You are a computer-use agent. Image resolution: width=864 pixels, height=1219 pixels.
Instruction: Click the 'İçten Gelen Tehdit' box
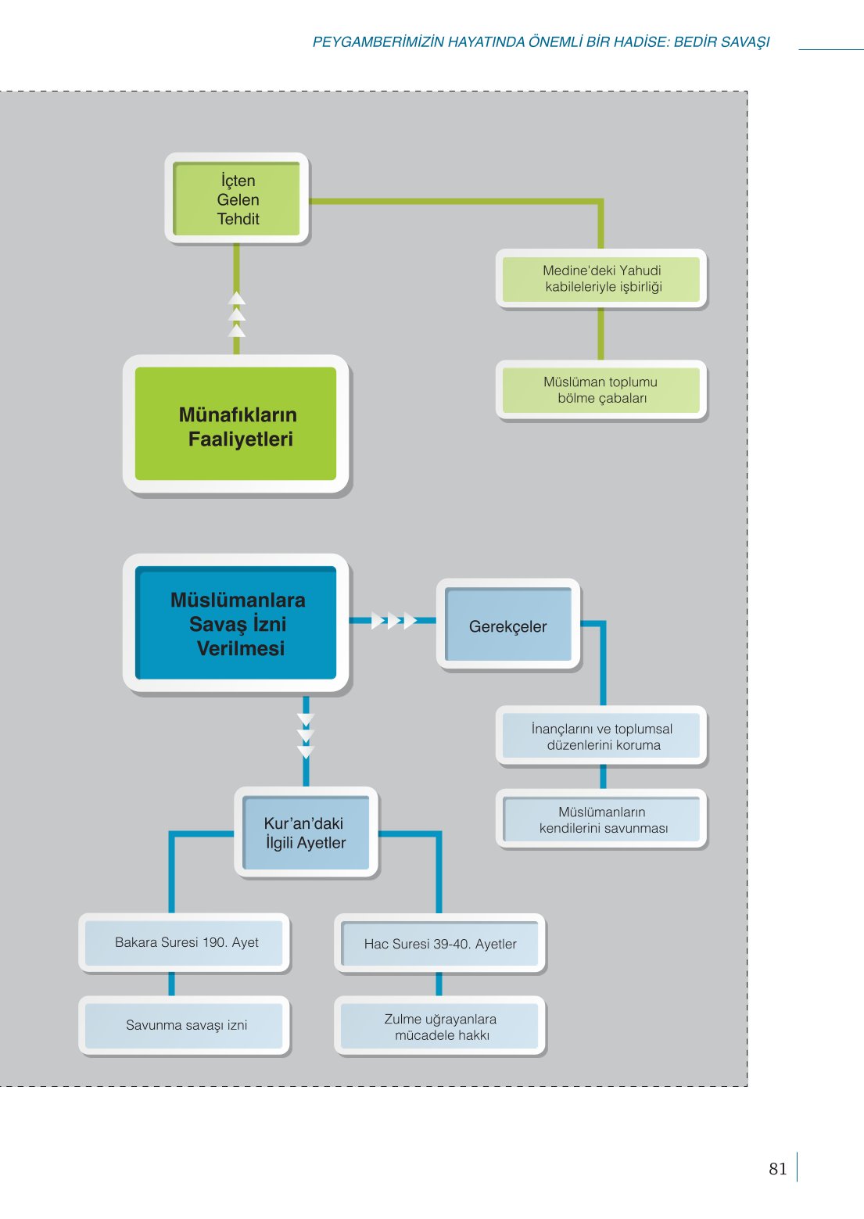tap(237, 198)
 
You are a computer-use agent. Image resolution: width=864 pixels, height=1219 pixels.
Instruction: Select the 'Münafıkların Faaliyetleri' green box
tap(235, 424)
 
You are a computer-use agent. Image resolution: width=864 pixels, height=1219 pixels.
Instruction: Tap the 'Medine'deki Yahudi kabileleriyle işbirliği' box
tap(601, 278)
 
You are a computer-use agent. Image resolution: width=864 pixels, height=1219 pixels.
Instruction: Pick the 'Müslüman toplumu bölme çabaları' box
tap(601, 389)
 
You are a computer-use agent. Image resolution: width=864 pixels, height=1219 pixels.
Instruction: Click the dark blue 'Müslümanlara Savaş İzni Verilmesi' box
tap(235, 623)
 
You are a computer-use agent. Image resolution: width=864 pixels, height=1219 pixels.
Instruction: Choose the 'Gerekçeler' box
tap(508, 624)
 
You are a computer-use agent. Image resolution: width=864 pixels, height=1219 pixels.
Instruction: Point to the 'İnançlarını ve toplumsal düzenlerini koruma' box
tap(601, 736)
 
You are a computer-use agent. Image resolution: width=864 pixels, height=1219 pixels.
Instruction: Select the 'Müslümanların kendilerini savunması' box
tap(601, 819)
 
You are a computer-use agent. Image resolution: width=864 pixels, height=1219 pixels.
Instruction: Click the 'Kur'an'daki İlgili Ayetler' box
tap(306, 832)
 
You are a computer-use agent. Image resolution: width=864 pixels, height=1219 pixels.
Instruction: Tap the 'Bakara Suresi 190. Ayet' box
tap(185, 943)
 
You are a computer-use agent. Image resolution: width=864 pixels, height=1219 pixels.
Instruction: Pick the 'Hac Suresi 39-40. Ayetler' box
tap(439, 944)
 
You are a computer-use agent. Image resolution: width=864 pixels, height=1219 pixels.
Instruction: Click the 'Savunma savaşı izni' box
tap(185, 1026)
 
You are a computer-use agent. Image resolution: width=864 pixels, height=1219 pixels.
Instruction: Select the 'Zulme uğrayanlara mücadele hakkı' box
tap(439, 1027)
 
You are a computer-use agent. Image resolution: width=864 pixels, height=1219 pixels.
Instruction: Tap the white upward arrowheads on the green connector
tap(237, 314)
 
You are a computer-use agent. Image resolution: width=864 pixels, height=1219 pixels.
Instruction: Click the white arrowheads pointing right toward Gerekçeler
tap(394, 620)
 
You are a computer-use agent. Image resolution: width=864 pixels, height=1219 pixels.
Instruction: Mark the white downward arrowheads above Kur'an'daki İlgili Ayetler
tap(306, 737)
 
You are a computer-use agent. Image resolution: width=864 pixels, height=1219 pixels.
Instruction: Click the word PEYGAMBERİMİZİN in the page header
tap(378, 42)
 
